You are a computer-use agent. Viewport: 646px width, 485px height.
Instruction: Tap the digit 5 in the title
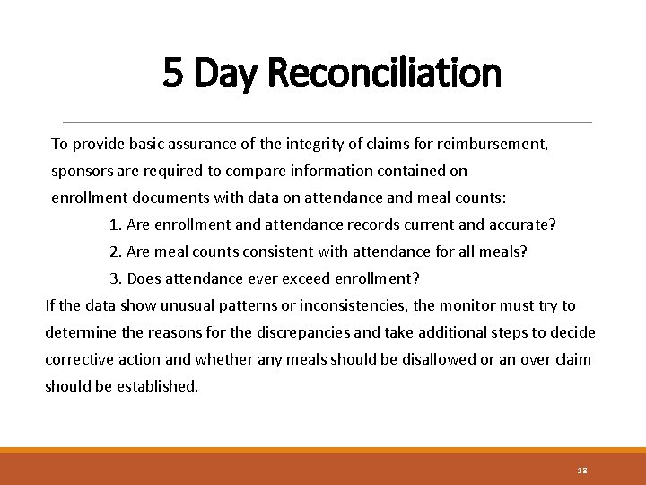(x=174, y=74)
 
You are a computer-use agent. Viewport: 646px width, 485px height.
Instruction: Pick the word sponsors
(x=83, y=171)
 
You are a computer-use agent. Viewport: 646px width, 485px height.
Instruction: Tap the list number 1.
(x=115, y=225)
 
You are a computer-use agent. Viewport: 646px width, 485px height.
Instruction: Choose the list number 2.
(x=115, y=251)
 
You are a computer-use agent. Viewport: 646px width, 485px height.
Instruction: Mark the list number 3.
(x=115, y=278)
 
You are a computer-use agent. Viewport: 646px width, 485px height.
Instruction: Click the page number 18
(x=581, y=470)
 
